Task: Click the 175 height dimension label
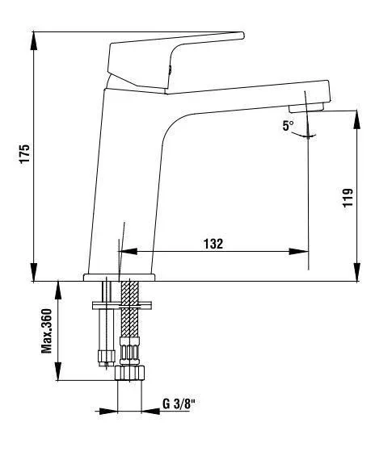coord(25,153)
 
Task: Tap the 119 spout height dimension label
coord(348,198)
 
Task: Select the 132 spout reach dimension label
coord(213,244)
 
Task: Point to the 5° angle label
coord(288,126)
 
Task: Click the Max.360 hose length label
coord(46,331)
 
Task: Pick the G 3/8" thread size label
coord(179,404)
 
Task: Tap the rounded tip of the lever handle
coord(242,36)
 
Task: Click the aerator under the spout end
coord(306,107)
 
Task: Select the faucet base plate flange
coord(119,278)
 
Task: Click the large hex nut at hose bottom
coord(129,373)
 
